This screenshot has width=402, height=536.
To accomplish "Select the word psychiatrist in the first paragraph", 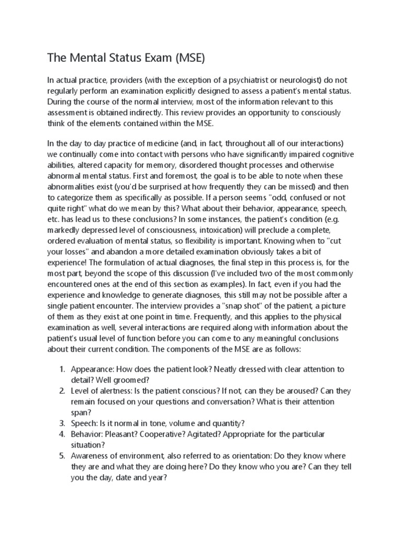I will (x=245, y=80).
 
